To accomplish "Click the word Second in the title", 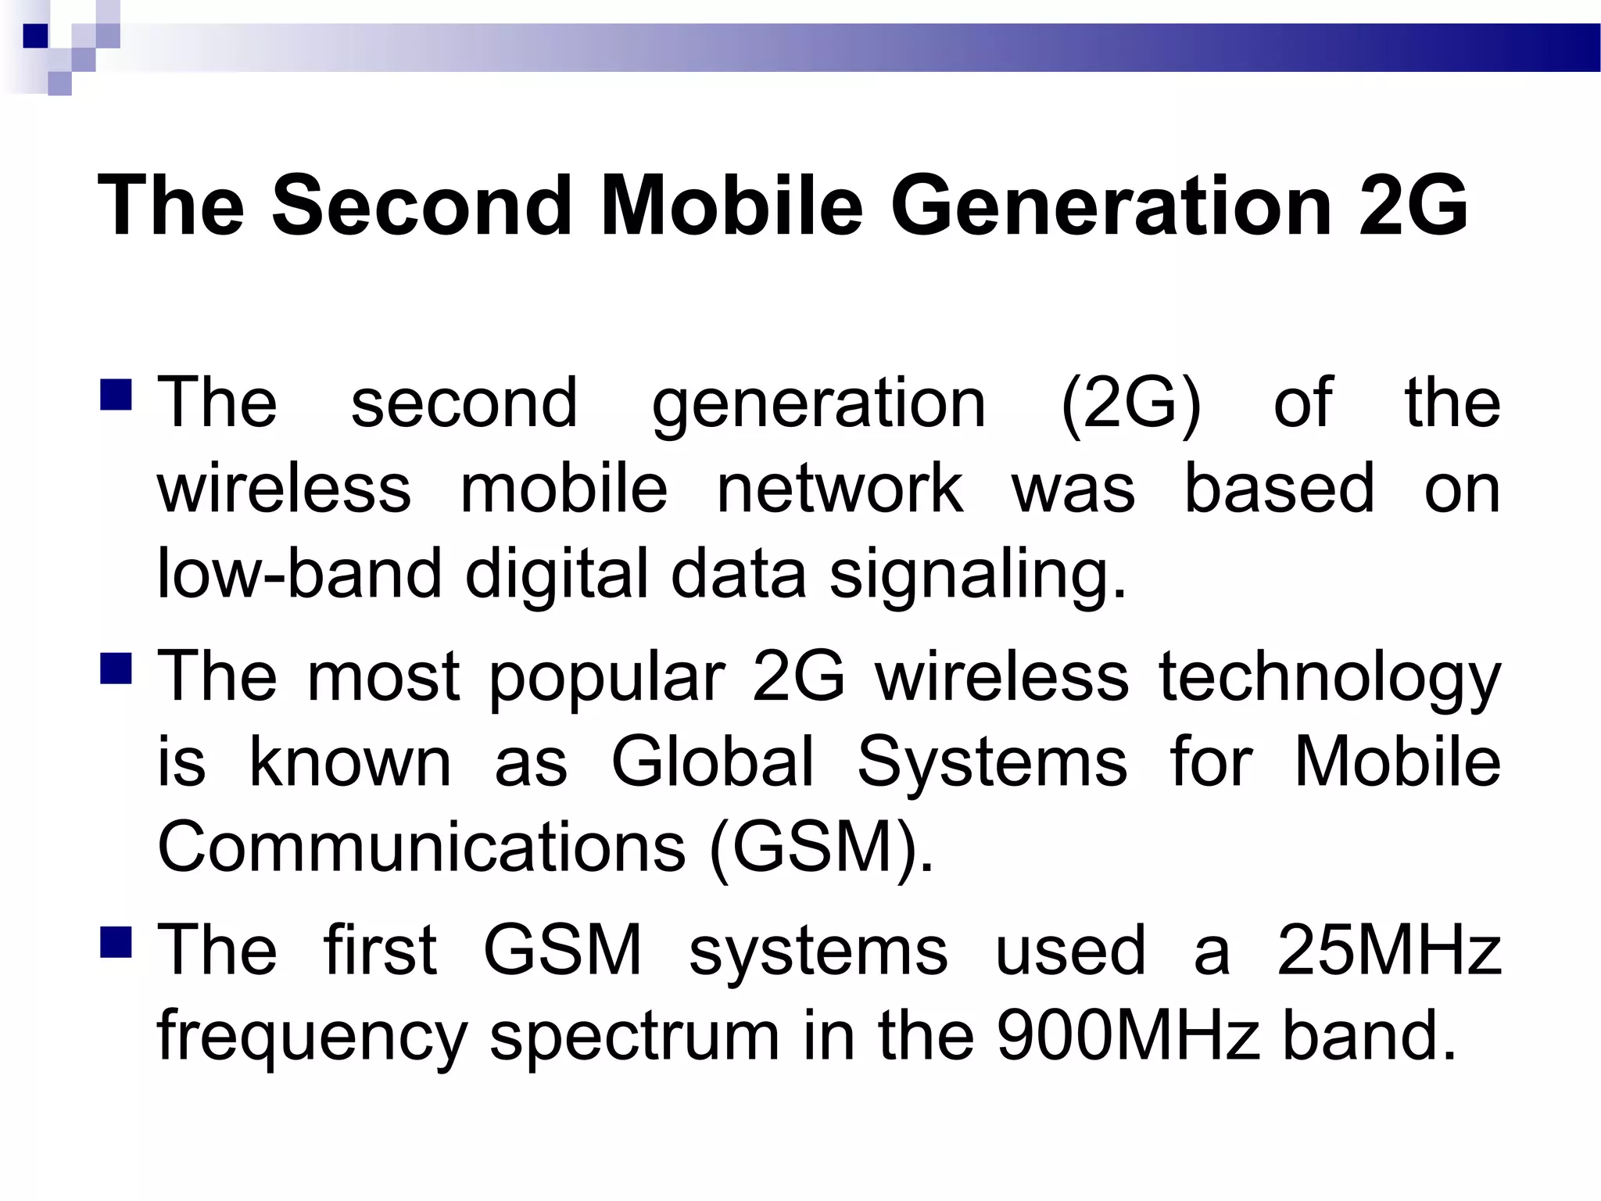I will (421, 206).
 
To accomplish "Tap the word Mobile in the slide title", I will (732, 206).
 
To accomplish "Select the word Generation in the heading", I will (1111, 206).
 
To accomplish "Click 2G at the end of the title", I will (1413, 206).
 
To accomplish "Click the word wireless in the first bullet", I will (284, 489).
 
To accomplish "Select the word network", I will (840, 489).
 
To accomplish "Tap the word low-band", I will (299, 575).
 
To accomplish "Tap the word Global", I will (712, 762).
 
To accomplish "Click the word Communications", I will (421, 848).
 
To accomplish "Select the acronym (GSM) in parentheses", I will (820, 850).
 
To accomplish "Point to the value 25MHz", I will (1389, 951).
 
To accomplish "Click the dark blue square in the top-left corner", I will (35, 36).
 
